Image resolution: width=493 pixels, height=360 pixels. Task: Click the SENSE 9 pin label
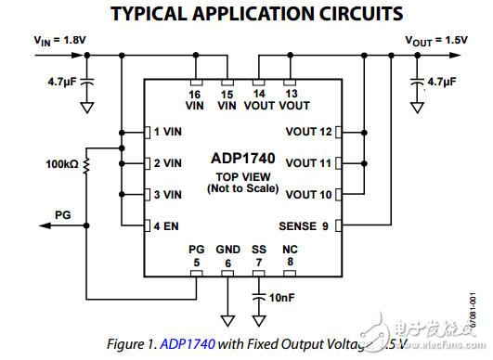(x=304, y=225)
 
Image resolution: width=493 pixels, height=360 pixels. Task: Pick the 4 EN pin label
(x=167, y=225)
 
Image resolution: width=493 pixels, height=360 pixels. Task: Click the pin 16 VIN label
(x=194, y=100)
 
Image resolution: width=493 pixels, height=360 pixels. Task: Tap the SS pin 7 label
(x=259, y=255)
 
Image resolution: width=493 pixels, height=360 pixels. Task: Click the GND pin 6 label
(x=227, y=255)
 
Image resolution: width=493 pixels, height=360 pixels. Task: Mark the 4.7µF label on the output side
(x=440, y=82)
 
